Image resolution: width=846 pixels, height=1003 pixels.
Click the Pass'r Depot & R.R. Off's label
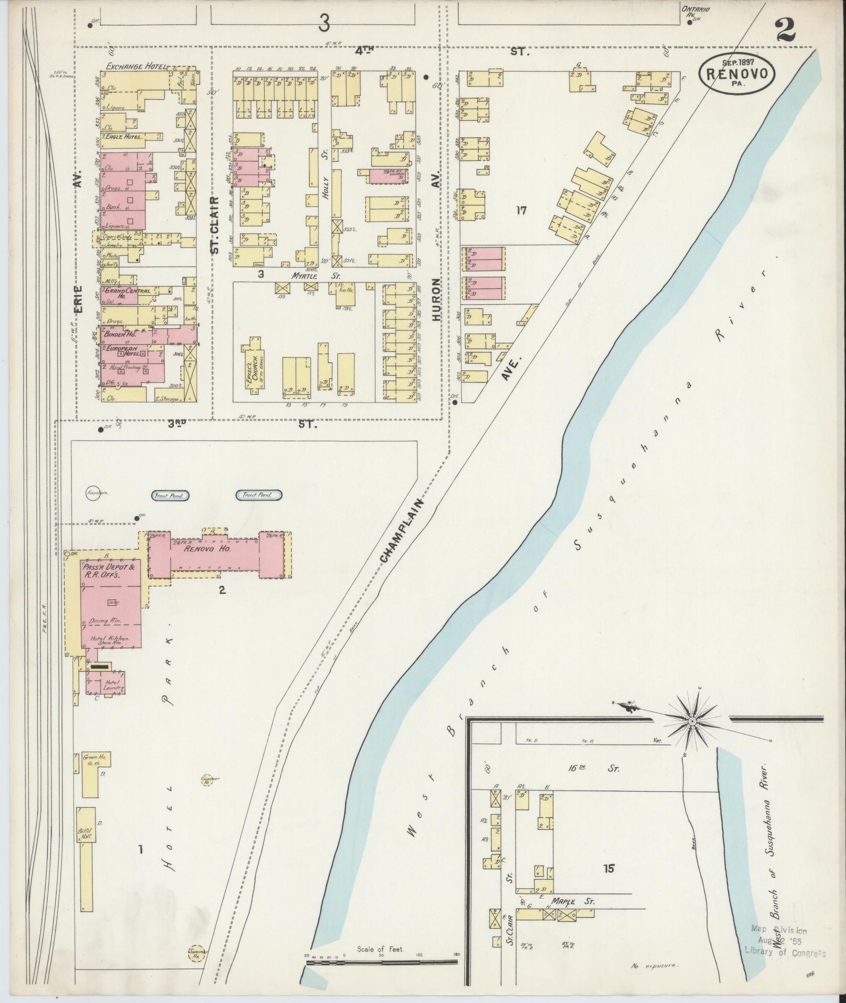click(110, 571)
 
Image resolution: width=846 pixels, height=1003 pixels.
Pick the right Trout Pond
click(259, 494)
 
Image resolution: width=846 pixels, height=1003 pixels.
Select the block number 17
click(520, 211)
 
